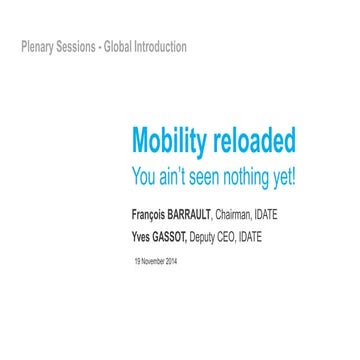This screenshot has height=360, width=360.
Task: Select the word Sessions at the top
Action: [x=84, y=47]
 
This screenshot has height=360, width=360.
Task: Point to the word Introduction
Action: [x=168, y=47]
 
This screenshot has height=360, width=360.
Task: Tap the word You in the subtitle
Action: [x=145, y=177]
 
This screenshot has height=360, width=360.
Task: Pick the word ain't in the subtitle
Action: [x=175, y=177]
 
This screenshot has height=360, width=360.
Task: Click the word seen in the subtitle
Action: [x=210, y=177]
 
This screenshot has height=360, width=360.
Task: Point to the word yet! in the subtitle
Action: [x=295, y=177]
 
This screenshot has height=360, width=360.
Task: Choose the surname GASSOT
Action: [x=182, y=237]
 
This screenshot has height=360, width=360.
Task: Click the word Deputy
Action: [x=223, y=237]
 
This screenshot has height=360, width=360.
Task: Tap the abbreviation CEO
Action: [x=252, y=237]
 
